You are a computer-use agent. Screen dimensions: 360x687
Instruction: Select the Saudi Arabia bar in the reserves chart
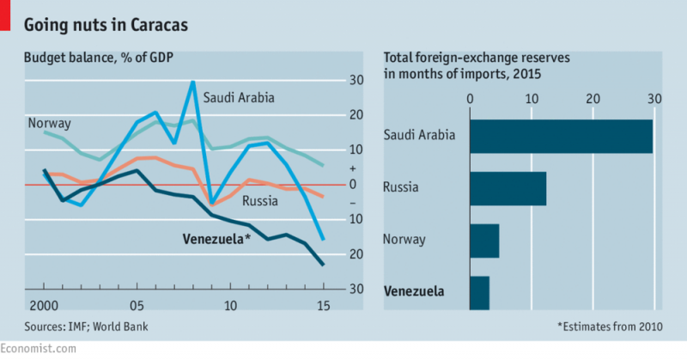(x=561, y=136)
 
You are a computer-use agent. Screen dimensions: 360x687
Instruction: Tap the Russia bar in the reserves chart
(x=508, y=188)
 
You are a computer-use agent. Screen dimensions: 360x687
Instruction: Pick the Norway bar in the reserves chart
(x=484, y=240)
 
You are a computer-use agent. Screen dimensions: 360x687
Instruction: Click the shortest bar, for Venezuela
(x=479, y=292)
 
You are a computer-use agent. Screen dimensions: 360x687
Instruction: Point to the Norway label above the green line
(x=49, y=123)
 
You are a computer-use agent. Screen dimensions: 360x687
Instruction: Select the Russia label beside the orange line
(x=261, y=202)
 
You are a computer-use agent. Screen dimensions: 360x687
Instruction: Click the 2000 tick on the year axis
(x=45, y=306)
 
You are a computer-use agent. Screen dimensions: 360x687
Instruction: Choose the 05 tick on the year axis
(x=137, y=306)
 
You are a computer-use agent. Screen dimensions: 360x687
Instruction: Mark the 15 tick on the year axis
(x=323, y=306)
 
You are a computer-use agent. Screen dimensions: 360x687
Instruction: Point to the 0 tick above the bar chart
(x=471, y=98)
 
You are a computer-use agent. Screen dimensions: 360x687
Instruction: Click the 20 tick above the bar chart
(x=593, y=98)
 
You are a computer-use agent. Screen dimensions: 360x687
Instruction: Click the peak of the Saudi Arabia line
(x=193, y=82)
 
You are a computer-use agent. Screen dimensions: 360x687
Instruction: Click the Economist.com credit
(x=38, y=348)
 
